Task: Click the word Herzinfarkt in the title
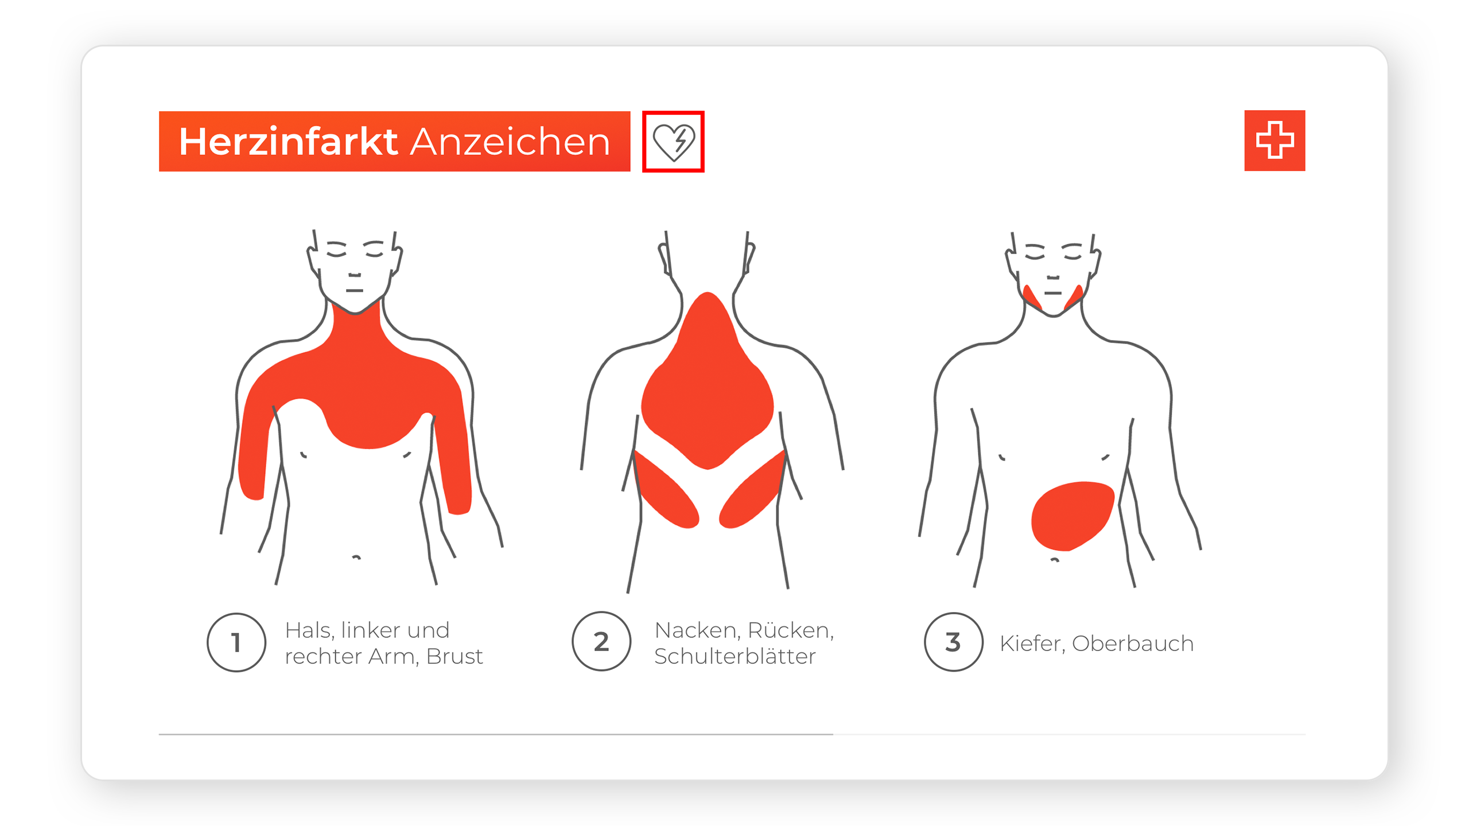288,141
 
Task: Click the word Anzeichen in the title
510,142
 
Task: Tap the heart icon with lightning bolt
674,142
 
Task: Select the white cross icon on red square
1274,141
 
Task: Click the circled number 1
236,642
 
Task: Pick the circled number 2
601,641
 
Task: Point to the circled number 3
953,642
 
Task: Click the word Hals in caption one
309,630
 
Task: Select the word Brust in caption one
454,656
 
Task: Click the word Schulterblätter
735,656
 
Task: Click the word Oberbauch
1133,644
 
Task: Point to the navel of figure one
356,556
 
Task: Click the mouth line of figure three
1053,293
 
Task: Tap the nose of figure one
355,275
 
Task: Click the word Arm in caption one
393,656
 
